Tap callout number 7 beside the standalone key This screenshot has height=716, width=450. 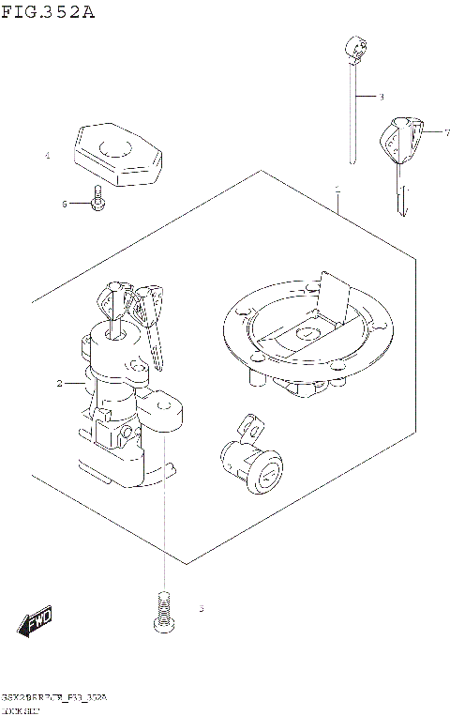tap(423, 133)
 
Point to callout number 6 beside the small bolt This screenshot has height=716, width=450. tap(65, 204)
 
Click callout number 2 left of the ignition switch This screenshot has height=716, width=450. tap(59, 383)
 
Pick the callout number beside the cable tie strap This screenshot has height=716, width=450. tap(382, 97)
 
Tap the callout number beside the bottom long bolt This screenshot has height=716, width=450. tap(201, 610)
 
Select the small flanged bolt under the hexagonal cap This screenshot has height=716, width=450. tap(96, 202)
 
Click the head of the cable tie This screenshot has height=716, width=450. tap(353, 46)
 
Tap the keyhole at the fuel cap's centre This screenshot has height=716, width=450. tap(306, 334)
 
